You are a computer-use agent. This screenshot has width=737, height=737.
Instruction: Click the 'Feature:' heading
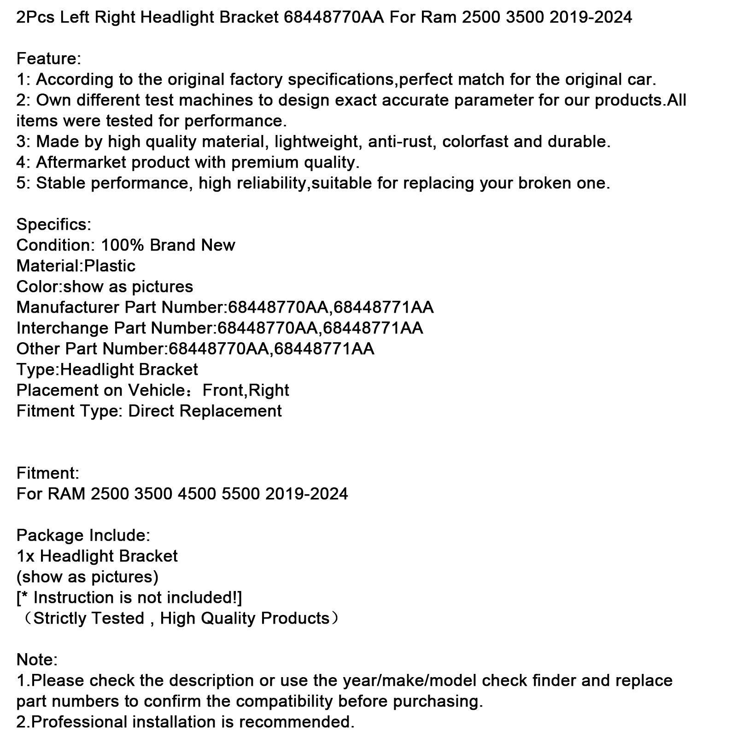(x=49, y=59)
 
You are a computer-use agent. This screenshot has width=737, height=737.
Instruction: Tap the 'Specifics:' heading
(x=54, y=225)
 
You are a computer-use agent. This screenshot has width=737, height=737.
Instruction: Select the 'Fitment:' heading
(x=48, y=474)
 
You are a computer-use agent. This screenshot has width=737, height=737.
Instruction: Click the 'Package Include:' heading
(x=83, y=536)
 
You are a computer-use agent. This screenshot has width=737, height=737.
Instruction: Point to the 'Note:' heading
(x=37, y=660)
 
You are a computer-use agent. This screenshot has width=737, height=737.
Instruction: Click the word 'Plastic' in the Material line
(x=110, y=266)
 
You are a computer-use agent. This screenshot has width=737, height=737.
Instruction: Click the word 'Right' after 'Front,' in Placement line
(x=269, y=391)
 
